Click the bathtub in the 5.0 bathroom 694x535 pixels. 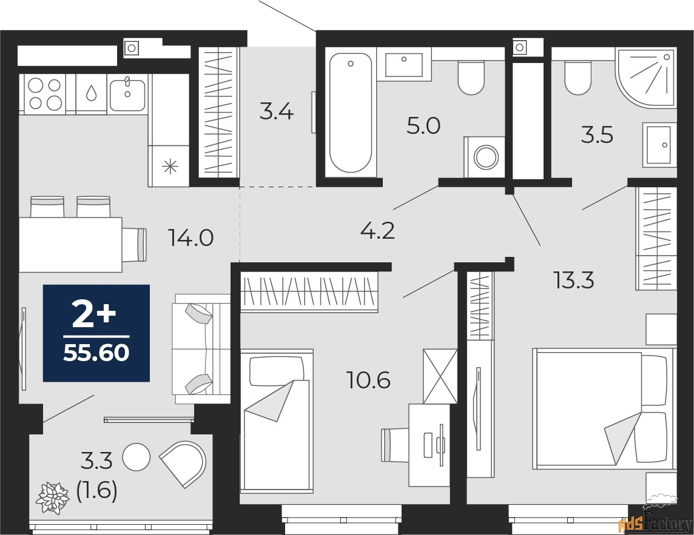click(350, 114)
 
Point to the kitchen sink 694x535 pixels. click(127, 93)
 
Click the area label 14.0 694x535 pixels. click(191, 238)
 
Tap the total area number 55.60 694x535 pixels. click(96, 352)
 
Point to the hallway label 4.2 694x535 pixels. click(378, 230)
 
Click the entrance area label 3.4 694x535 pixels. click(277, 112)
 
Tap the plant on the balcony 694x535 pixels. click(53, 497)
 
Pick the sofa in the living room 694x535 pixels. click(202, 349)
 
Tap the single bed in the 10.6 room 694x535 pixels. click(277, 421)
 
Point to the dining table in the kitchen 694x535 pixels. click(70, 245)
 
